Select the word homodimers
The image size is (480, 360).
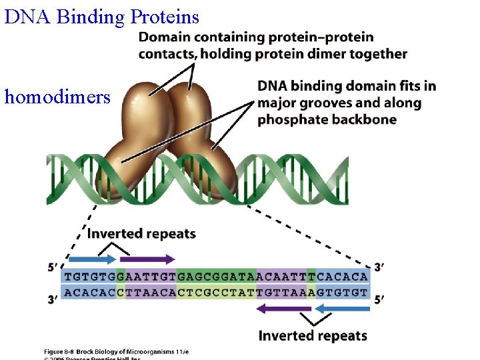click(x=57, y=97)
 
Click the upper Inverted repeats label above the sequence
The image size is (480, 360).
click(x=141, y=234)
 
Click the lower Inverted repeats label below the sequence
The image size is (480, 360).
click(x=313, y=335)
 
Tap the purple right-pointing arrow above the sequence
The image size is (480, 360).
click(x=147, y=259)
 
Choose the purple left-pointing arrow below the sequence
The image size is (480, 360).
click(x=283, y=308)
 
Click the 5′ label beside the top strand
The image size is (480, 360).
click(x=53, y=268)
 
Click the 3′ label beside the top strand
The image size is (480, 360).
click(x=379, y=267)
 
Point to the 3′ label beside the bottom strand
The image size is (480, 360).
click(x=53, y=300)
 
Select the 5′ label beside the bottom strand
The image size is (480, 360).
click(x=379, y=300)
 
